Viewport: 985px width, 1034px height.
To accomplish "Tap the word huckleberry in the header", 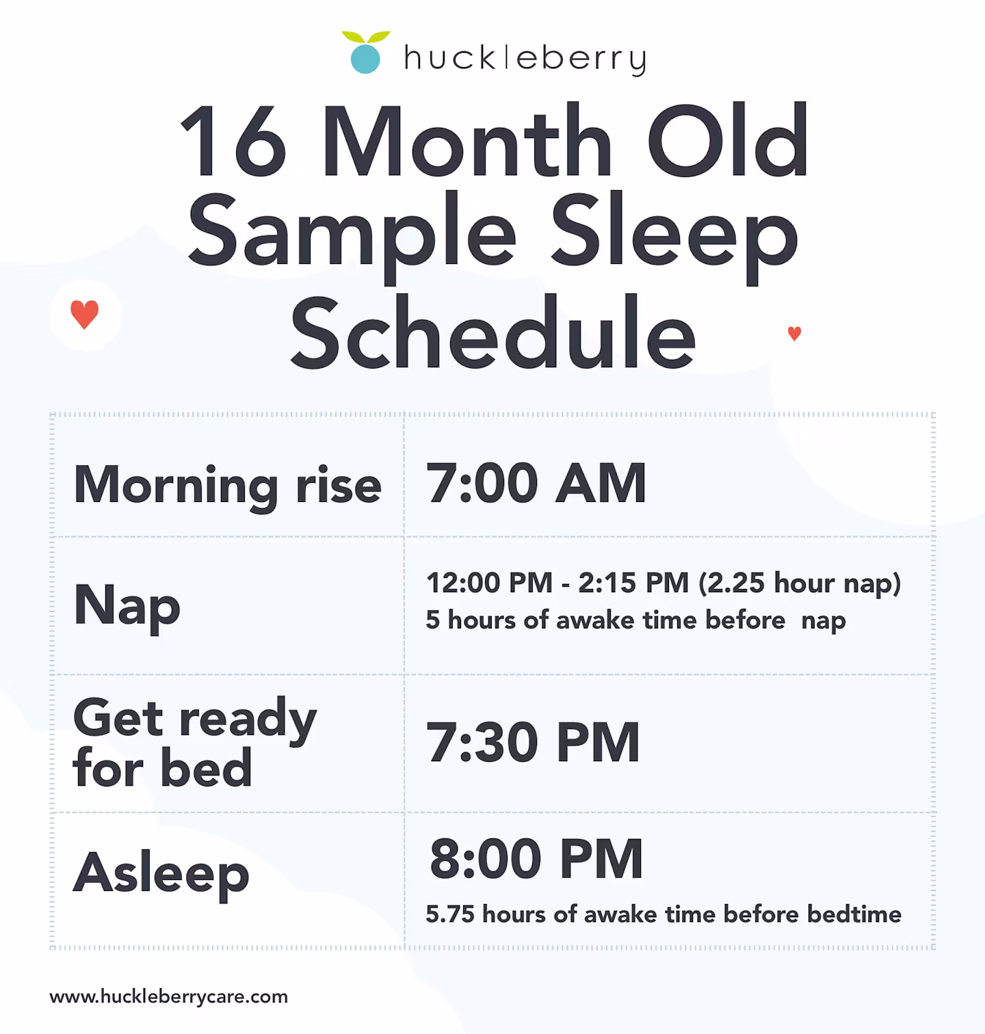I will [x=525, y=59].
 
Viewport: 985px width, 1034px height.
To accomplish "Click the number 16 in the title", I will [x=233, y=142].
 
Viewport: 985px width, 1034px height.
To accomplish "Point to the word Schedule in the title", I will [x=492, y=333].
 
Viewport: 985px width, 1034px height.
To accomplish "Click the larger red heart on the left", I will [x=85, y=315].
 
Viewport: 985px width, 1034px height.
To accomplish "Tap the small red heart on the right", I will [x=794, y=333].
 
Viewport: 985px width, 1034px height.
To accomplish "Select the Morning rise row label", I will [x=227, y=485].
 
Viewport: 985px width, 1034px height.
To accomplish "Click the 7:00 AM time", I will [x=536, y=483].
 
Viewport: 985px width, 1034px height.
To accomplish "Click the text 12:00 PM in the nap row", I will [x=489, y=583].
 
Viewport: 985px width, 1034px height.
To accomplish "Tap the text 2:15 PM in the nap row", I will [x=633, y=583].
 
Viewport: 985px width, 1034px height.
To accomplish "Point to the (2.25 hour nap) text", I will [x=800, y=583].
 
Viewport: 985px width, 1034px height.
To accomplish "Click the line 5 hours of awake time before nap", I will [x=635, y=620].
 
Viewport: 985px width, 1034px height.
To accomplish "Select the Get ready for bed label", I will [x=195, y=743].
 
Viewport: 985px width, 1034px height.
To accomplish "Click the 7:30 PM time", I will [x=533, y=743].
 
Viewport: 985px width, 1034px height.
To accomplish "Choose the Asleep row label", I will [x=161, y=873].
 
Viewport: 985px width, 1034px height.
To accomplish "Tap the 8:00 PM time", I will [x=536, y=859].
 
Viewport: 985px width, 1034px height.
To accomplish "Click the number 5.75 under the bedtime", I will [x=450, y=914].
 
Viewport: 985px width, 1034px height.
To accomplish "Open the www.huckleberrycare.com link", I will [x=169, y=996].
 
